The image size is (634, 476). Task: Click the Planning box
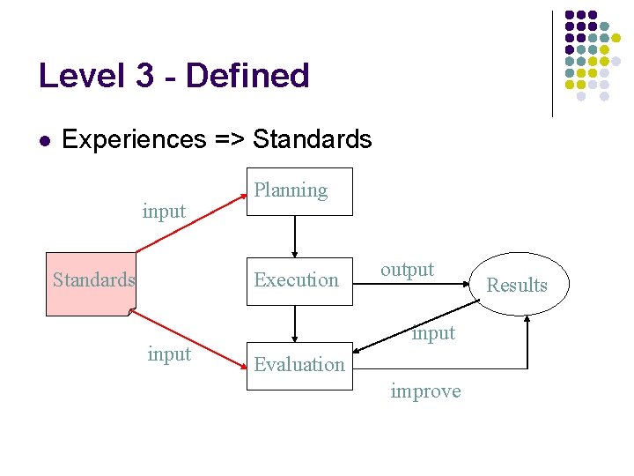click(x=299, y=191)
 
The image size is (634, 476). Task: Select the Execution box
click(x=299, y=280)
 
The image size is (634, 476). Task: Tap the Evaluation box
click(x=299, y=365)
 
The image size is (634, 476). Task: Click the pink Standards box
click(x=90, y=283)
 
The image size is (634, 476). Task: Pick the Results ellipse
click(x=517, y=284)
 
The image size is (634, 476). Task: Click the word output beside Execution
click(x=407, y=269)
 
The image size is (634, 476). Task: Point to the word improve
click(x=425, y=390)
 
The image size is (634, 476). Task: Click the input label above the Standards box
click(x=164, y=211)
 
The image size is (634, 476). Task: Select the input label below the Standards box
click(x=169, y=353)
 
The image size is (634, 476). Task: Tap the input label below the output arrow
click(x=434, y=332)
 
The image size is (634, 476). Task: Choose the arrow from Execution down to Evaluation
click(x=295, y=324)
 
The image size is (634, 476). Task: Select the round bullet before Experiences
click(x=44, y=140)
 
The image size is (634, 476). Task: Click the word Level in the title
click(x=82, y=76)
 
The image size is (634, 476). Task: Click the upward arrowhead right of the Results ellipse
click(x=527, y=319)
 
